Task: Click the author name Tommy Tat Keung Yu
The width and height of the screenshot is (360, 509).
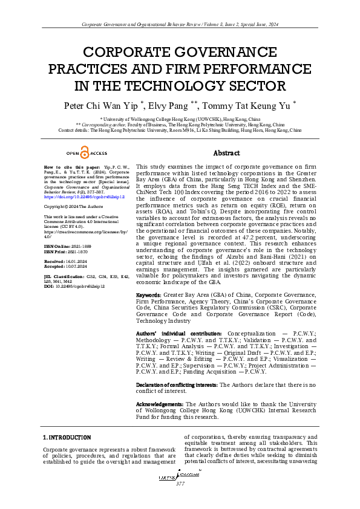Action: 256,105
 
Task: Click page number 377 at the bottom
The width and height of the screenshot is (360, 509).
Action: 180,484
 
